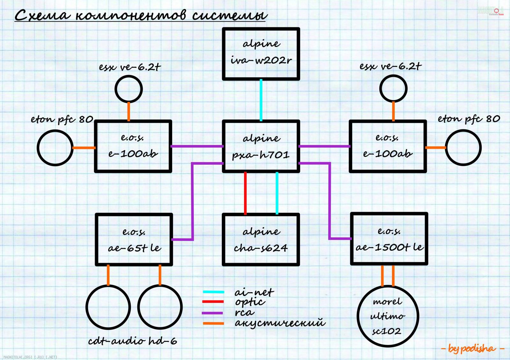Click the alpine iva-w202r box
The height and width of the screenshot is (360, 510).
click(261, 54)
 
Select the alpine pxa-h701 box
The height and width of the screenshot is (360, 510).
click(261, 147)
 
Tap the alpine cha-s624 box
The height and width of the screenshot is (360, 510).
click(261, 240)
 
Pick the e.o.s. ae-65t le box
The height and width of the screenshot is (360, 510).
click(134, 240)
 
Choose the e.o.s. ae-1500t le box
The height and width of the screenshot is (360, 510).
click(389, 239)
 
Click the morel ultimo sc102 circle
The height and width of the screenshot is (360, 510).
click(388, 316)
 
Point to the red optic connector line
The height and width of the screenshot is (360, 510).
click(245, 193)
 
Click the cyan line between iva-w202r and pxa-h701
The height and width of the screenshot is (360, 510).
click(261, 100)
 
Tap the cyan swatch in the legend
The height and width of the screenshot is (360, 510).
click(213, 292)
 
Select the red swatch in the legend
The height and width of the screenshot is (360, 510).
click(213, 302)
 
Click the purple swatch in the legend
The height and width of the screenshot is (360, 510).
click(213, 313)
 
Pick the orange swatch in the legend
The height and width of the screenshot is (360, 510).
click(213, 323)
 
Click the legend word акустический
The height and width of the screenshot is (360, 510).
click(280, 323)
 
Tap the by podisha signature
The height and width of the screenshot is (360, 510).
click(472, 349)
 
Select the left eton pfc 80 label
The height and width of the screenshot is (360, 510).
click(62, 119)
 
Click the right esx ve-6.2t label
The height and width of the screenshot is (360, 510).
click(390, 67)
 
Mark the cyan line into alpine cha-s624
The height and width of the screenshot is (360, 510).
click(277, 193)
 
